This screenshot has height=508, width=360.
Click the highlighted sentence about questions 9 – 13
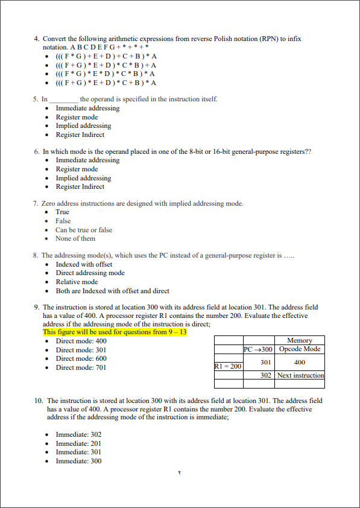click(115, 332)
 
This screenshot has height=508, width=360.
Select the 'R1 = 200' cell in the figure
click(228, 366)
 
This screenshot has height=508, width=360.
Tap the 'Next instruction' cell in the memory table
click(300, 375)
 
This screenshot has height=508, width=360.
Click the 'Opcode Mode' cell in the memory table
click(300, 349)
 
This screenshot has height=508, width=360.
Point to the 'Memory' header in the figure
click(300, 341)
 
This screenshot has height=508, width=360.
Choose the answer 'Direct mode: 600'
click(81, 358)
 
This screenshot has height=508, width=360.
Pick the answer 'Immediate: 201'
click(78, 443)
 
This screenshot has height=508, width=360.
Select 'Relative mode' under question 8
click(77, 282)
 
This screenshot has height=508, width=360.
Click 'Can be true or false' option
click(84, 230)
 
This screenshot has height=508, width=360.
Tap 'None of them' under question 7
click(75, 238)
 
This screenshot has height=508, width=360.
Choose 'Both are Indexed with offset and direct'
click(112, 291)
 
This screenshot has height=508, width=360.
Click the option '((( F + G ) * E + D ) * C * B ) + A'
click(106, 65)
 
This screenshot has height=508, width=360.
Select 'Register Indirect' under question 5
click(80, 135)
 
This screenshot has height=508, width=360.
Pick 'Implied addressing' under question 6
click(83, 178)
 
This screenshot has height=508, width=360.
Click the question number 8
click(36, 256)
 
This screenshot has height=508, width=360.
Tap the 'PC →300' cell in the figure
click(259, 349)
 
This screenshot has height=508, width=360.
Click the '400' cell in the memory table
click(300, 363)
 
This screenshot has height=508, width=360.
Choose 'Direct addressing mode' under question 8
click(90, 273)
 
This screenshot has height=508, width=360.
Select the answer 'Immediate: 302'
click(78, 434)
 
